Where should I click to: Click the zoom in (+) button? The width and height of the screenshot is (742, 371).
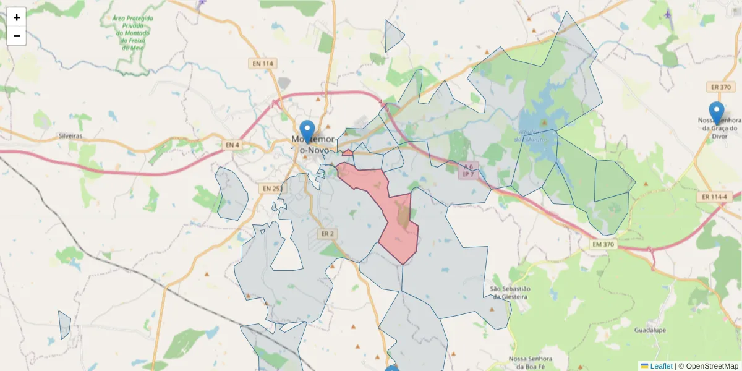point(17,17)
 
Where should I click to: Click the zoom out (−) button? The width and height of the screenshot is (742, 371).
point(17,36)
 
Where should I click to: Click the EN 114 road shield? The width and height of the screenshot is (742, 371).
point(262,63)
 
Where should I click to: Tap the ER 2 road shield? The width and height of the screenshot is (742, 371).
point(328,233)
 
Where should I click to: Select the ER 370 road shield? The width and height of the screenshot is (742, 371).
point(718,88)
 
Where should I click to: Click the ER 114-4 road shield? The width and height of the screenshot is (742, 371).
point(714,197)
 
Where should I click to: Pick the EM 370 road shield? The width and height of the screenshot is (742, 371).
point(603,244)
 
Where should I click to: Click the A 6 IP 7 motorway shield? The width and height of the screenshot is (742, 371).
point(469,170)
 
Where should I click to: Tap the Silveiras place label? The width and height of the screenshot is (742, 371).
point(70,135)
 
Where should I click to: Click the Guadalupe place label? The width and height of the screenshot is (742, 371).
point(650,330)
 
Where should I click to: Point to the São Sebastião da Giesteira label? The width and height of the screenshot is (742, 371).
point(510,292)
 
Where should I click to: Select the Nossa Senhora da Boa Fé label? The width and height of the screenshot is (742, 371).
point(529,363)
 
